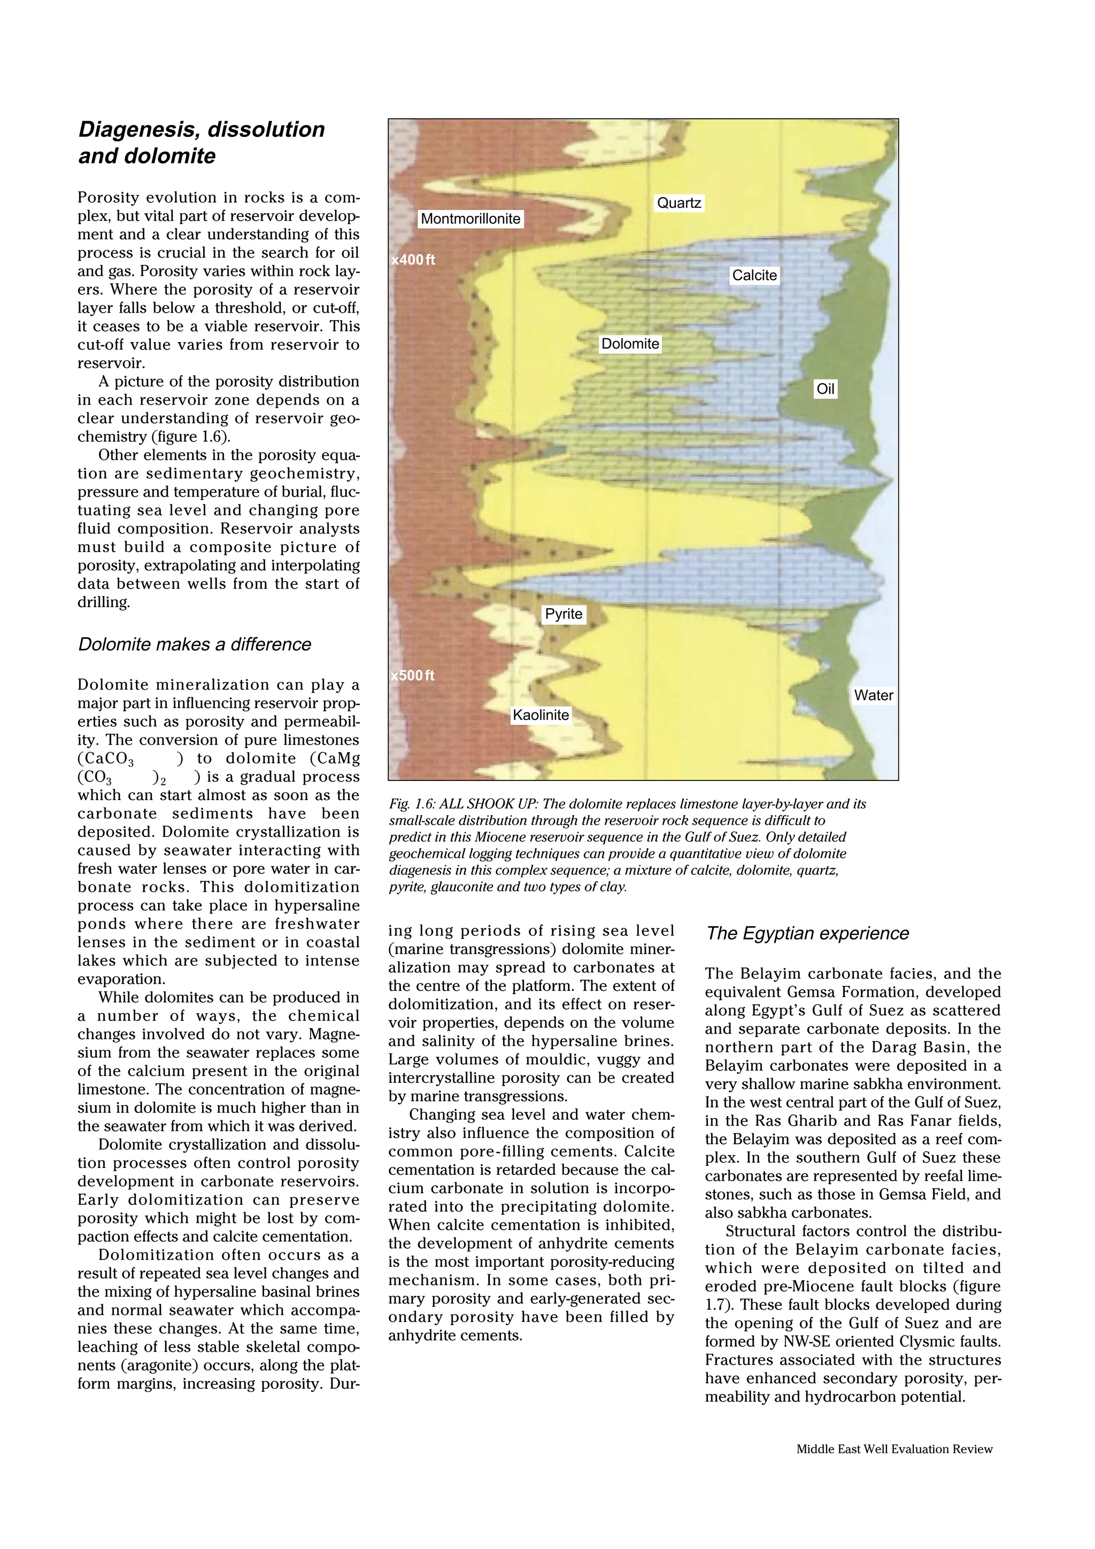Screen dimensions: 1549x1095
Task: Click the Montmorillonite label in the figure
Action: pyautogui.click(x=471, y=219)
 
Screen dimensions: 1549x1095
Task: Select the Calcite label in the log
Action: pyautogui.click(x=754, y=275)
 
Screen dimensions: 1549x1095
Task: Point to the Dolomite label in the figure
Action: pyautogui.click(x=630, y=344)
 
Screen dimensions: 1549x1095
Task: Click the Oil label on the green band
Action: pyautogui.click(x=825, y=389)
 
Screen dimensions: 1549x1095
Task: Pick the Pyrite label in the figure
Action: pyautogui.click(x=564, y=614)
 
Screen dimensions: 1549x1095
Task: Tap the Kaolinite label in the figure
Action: pyautogui.click(x=541, y=715)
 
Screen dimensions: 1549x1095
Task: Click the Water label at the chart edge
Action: pyautogui.click(x=873, y=695)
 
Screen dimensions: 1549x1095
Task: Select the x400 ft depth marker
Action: pyautogui.click(x=413, y=260)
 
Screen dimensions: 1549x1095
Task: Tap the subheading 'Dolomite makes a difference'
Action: pyautogui.click(x=194, y=644)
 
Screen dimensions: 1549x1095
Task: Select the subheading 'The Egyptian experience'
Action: pyautogui.click(x=807, y=934)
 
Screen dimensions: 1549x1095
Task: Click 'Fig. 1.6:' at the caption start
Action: pyautogui.click(x=410, y=804)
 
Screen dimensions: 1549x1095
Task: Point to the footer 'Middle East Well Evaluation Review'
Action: pyautogui.click(x=894, y=1449)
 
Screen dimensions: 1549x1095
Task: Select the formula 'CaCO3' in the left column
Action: pyautogui.click(x=105, y=759)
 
